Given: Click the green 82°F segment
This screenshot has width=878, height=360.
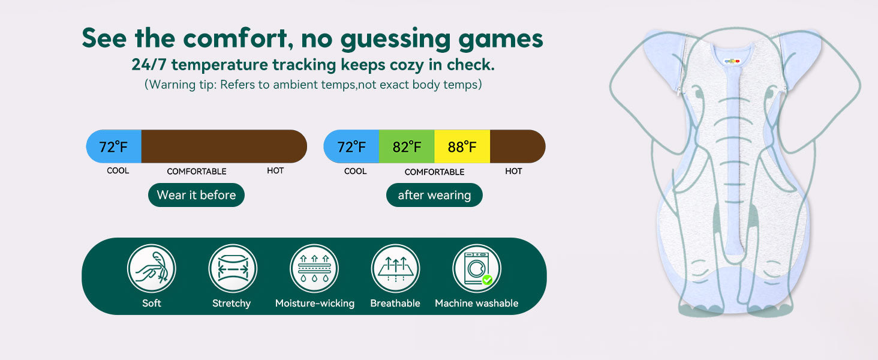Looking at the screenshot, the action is pyautogui.click(x=407, y=146).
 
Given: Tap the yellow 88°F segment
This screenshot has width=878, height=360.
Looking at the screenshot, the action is pyautogui.click(x=462, y=146).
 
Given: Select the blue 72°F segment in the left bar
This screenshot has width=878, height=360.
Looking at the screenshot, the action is pyautogui.click(x=114, y=146).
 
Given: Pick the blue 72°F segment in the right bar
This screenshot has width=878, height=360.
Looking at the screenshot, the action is pyautogui.click(x=351, y=146).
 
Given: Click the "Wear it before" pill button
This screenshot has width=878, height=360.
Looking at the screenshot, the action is pyautogui.click(x=196, y=195).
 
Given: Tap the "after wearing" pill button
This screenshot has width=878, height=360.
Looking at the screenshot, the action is pyautogui.click(x=434, y=195).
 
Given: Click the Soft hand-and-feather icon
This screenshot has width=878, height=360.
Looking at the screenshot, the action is pyautogui.click(x=152, y=269).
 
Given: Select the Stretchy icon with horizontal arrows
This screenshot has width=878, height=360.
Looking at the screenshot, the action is pyautogui.click(x=233, y=269).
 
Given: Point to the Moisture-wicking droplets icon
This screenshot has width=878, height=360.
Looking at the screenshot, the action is pyautogui.click(x=314, y=269).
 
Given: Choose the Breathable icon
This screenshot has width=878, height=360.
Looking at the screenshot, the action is pyautogui.click(x=395, y=269).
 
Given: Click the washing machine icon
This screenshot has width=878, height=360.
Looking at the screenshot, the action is pyautogui.click(x=477, y=269).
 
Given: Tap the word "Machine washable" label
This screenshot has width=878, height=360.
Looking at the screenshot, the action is pyautogui.click(x=477, y=303).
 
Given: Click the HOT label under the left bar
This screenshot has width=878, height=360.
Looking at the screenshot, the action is pyautogui.click(x=275, y=170).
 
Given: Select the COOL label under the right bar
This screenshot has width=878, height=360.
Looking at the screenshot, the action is pyautogui.click(x=356, y=171).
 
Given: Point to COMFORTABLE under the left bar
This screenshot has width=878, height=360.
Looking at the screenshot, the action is pyautogui.click(x=197, y=172).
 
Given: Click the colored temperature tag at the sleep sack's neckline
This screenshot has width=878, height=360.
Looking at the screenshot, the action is pyautogui.click(x=732, y=61).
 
